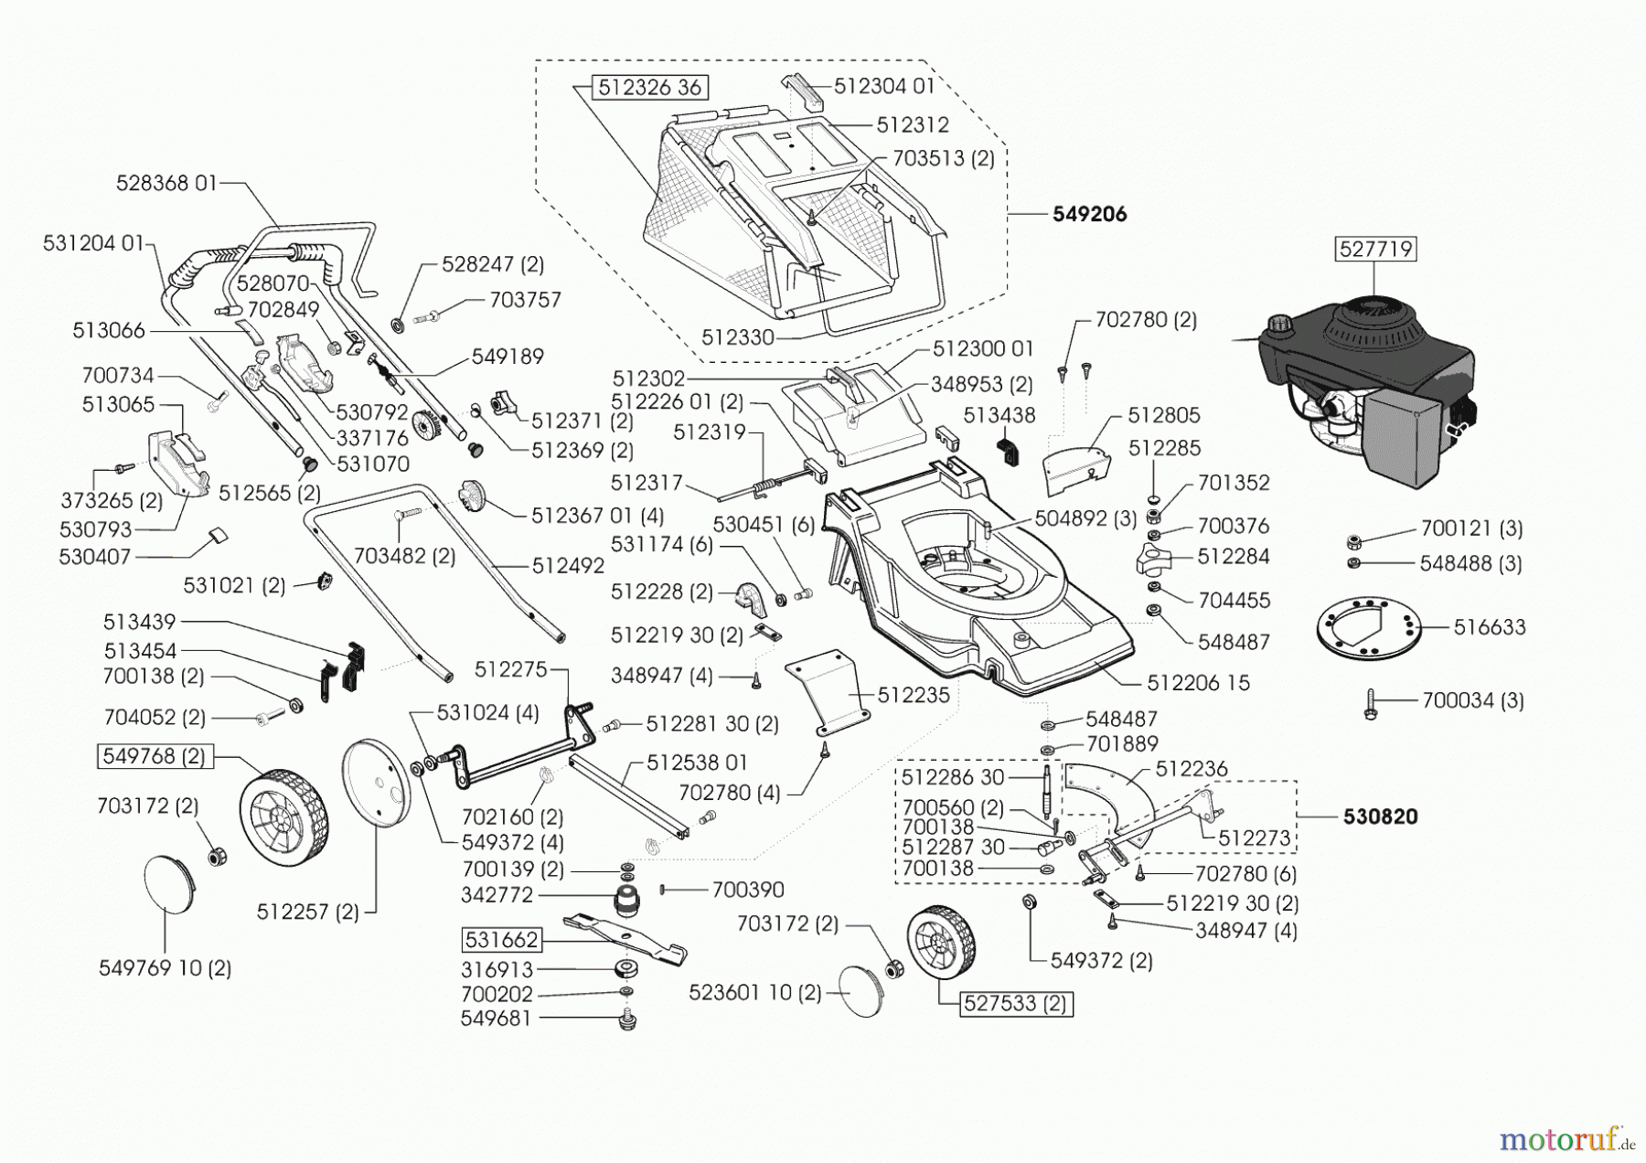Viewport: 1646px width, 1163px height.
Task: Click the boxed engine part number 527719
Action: [x=1375, y=249]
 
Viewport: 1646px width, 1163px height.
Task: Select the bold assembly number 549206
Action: [x=1089, y=214]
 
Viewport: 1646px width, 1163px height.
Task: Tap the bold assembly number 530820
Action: [x=1380, y=816]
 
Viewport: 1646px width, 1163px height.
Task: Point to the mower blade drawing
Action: [x=625, y=935]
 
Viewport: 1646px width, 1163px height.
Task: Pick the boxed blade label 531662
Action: [x=502, y=939]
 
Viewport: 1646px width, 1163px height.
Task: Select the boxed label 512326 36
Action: [x=651, y=87]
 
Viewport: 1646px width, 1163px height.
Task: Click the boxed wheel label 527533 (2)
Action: [x=1015, y=1003]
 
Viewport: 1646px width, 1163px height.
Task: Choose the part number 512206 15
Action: [x=1198, y=683]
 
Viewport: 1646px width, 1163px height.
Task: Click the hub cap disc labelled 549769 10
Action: [x=169, y=881]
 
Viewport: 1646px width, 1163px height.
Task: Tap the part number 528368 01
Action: [x=166, y=183]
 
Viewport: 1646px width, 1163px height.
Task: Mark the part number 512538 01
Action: [x=697, y=762]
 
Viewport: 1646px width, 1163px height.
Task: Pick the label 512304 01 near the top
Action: [x=884, y=86]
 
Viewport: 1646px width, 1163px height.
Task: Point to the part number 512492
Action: [x=568, y=566]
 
